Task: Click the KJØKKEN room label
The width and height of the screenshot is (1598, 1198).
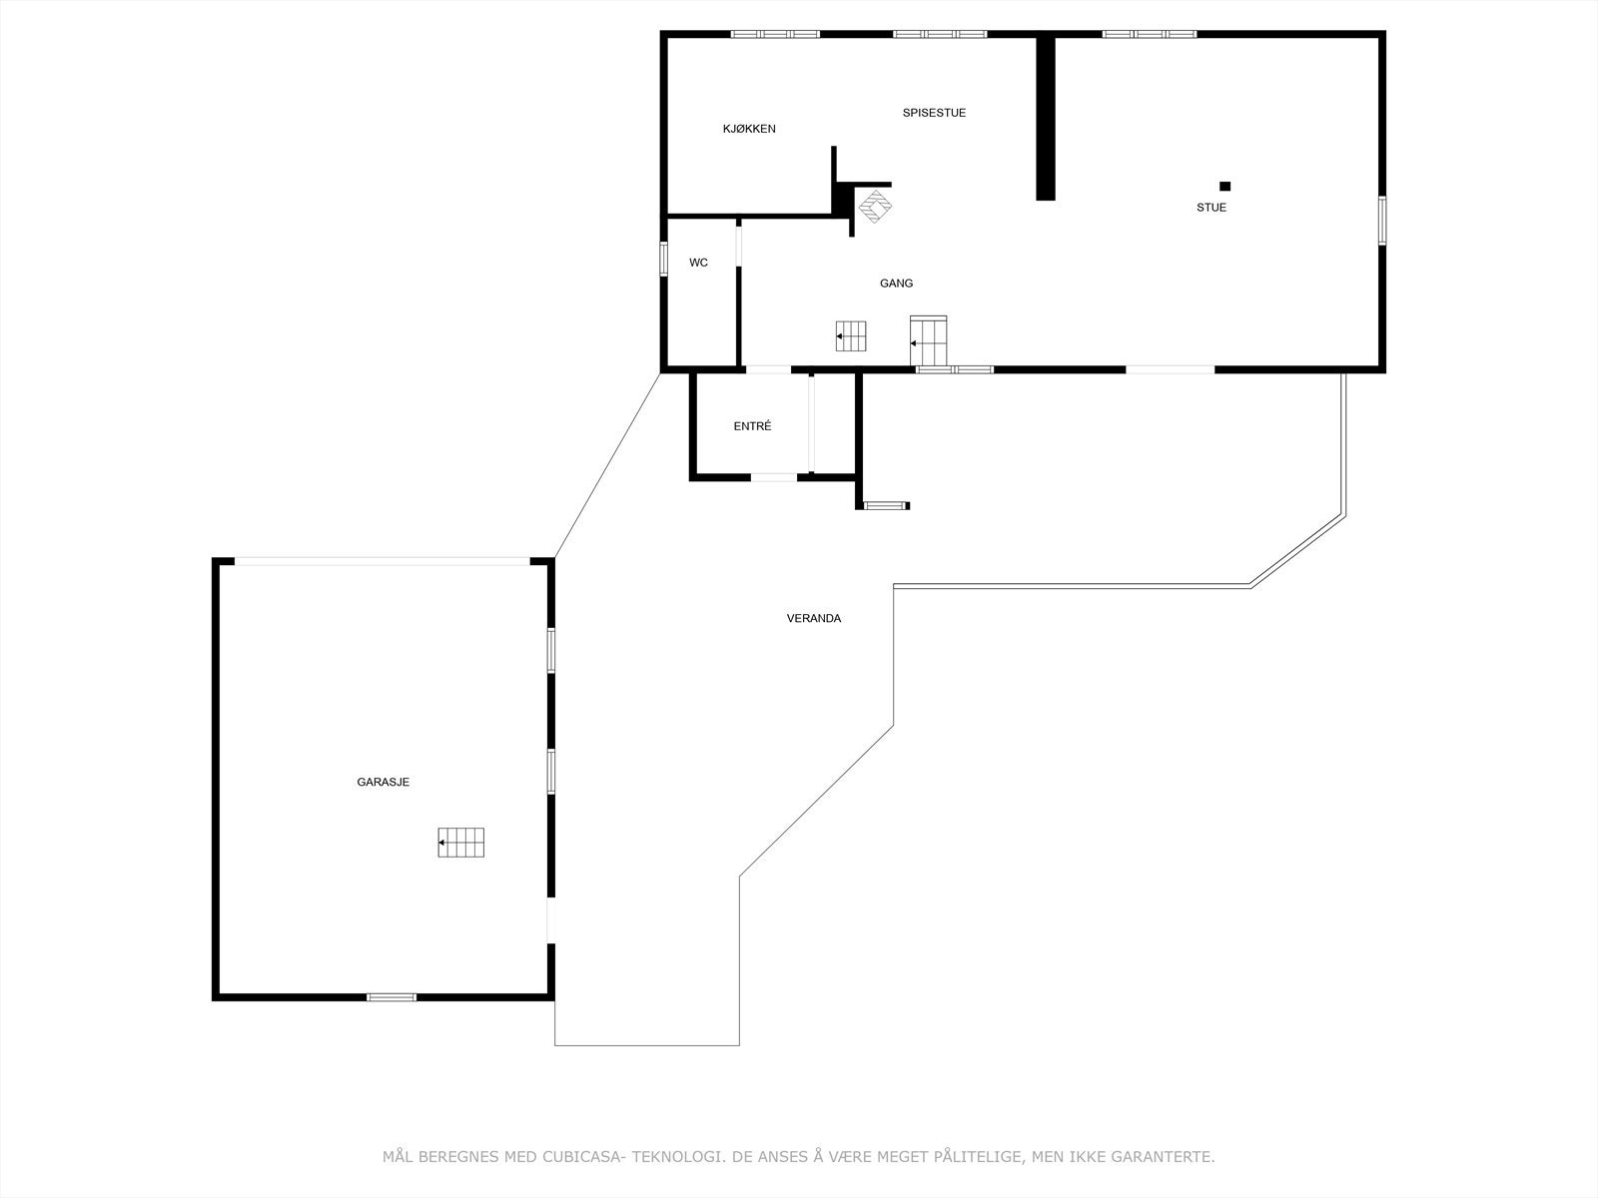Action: [x=749, y=129]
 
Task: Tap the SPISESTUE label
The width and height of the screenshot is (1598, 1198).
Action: [x=934, y=113]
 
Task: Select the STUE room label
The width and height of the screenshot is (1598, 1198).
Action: [x=1211, y=208]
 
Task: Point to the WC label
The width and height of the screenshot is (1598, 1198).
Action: [x=698, y=263]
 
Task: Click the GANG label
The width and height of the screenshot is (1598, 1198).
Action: [x=896, y=284]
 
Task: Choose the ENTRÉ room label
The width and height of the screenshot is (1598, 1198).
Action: [x=752, y=426]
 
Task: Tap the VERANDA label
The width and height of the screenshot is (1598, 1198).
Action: [x=813, y=619]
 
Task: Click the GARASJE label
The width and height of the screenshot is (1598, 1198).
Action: [x=384, y=783]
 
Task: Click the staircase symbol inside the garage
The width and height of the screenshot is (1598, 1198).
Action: [x=461, y=843]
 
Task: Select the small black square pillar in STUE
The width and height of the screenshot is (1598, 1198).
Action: [x=1224, y=186]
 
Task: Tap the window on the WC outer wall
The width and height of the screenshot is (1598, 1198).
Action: [x=663, y=258]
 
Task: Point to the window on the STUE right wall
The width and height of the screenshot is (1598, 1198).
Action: [x=1382, y=220]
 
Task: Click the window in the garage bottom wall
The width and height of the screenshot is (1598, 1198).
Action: [x=392, y=996]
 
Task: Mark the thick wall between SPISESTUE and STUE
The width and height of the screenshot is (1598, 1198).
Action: [x=1045, y=118]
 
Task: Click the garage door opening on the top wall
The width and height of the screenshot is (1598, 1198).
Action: [x=382, y=561]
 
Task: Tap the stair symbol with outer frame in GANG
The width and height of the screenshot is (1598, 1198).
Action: [x=929, y=340]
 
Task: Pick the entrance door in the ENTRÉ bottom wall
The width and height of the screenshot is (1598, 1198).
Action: [x=774, y=477]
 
